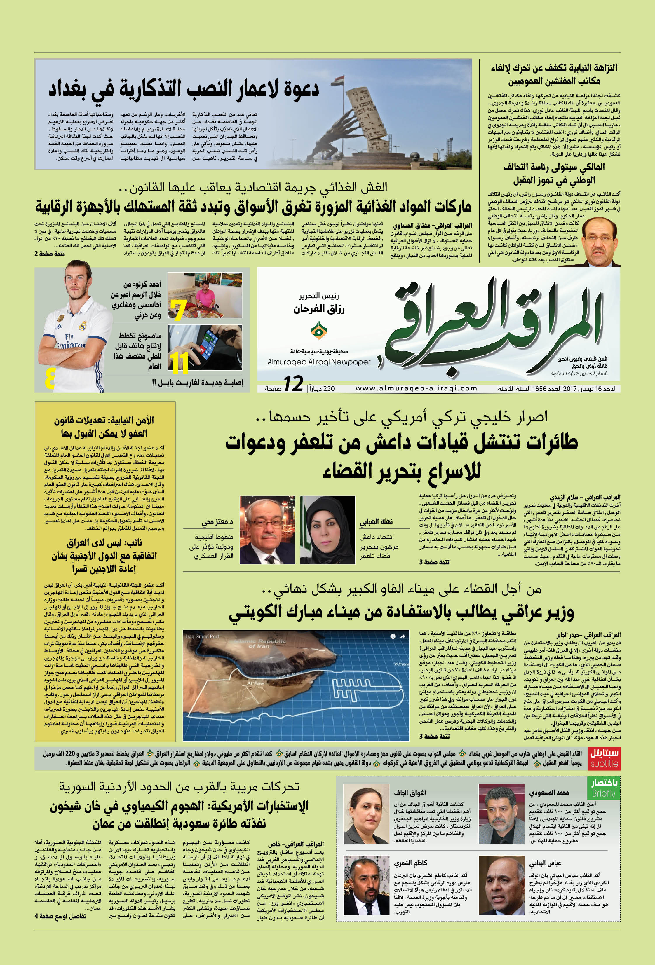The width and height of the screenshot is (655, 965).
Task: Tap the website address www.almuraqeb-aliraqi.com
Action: coord(416,388)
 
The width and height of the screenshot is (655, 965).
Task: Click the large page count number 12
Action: coord(293,384)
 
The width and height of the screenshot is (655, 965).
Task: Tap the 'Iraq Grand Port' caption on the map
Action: coord(202,636)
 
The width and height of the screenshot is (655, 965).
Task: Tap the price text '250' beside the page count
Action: coord(329,389)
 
